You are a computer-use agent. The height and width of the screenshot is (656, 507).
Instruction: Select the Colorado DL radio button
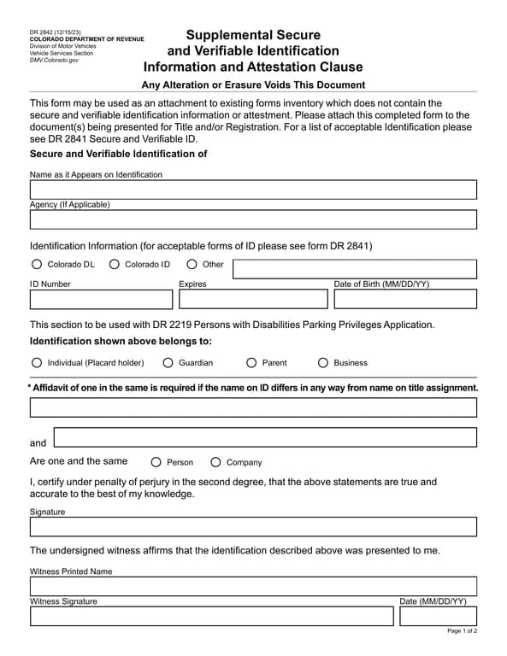point(37,264)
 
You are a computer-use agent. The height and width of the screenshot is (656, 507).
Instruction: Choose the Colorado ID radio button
point(115,264)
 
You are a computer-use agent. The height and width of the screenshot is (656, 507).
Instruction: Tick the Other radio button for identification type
point(192,264)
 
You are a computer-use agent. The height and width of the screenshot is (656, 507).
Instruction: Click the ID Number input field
point(101,299)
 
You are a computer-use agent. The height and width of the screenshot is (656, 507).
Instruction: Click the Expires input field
point(253,299)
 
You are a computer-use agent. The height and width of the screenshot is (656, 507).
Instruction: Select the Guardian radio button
point(168,362)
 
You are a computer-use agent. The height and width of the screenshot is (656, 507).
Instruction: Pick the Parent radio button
point(251,362)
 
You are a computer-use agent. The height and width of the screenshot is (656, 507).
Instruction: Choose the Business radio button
point(323,362)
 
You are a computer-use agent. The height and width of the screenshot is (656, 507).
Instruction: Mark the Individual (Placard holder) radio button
point(37,362)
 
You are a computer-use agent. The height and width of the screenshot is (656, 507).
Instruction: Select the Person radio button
point(156,462)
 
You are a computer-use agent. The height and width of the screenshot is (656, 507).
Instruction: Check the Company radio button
point(215,462)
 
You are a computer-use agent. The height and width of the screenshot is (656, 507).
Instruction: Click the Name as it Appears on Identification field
point(253,190)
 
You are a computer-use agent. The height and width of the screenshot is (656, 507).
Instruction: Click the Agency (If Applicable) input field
point(253,220)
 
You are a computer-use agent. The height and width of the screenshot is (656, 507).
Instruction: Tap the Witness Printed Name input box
point(253,586)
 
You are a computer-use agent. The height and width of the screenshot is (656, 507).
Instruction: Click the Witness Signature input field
point(212,616)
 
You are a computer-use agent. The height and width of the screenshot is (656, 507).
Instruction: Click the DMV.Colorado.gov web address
point(54,61)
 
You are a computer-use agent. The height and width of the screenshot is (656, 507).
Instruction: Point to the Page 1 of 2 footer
point(462,631)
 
